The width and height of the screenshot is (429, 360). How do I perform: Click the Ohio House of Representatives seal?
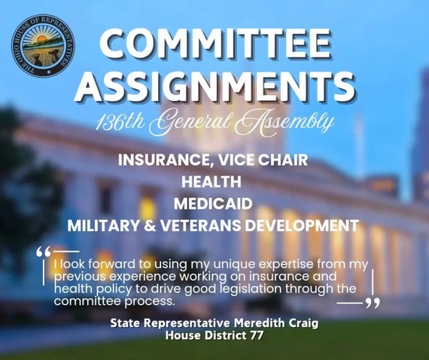click(41, 44)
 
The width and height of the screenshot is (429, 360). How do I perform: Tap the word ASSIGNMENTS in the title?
click(215, 88)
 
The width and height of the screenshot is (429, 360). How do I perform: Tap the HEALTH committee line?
click(214, 182)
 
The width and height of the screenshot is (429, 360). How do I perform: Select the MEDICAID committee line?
click(214, 203)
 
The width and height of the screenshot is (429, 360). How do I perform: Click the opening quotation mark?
click(44, 251)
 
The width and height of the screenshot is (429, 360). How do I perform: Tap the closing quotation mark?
click(372, 303)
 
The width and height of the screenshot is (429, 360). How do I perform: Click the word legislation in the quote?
click(272, 288)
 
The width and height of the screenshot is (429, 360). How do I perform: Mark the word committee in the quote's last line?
click(88, 301)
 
